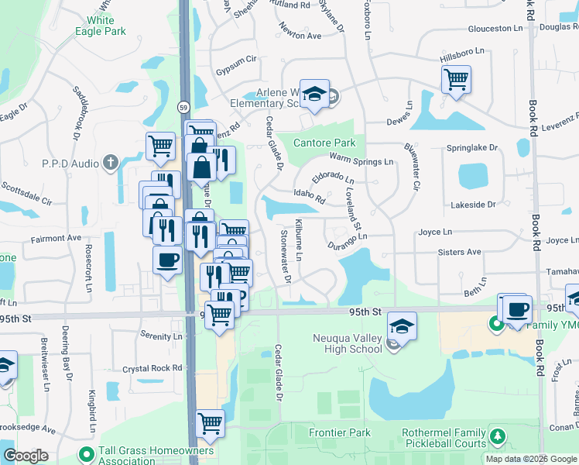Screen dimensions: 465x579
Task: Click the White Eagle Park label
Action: [x=101, y=26]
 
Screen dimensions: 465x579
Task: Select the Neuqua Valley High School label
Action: [x=348, y=343]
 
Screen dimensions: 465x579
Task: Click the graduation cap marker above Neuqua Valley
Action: [x=402, y=325]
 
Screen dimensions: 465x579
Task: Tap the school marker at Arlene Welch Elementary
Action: [x=315, y=94]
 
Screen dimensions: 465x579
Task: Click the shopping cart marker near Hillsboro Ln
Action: [x=456, y=77]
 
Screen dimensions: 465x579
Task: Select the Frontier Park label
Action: [x=340, y=432]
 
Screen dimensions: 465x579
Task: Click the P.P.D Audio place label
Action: [x=71, y=164]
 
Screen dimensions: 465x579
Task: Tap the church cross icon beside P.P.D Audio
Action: [x=111, y=163]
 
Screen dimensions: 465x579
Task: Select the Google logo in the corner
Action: [x=26, y=456]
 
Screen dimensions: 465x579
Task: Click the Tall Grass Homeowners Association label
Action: [x=156, y=456]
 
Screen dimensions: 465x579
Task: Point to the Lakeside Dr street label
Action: [x=473, y=205]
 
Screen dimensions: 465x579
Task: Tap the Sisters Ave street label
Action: [x=459, y=252]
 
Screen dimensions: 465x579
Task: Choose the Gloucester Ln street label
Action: [x=495, y=29]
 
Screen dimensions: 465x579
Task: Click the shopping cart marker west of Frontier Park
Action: [x=210, y=423]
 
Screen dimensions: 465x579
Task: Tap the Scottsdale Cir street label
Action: [x=26, y=194]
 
